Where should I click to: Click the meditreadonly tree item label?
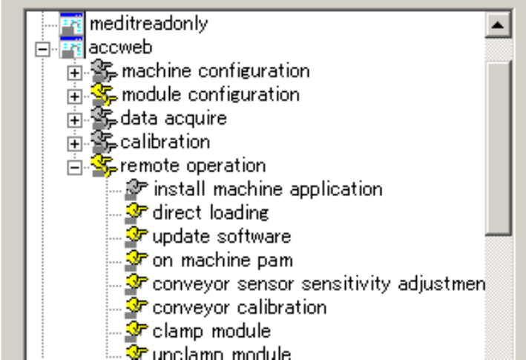[148, 24]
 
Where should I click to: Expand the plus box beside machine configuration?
[73, 73]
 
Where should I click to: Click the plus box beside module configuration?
[73, 96]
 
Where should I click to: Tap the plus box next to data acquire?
[73, 119]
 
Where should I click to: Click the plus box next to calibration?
[73, 142]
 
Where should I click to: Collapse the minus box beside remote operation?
[73, 166]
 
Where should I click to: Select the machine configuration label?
[215, 71]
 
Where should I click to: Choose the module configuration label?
[210, 94]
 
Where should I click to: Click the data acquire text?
[173, 117]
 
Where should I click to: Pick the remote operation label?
[192, 165]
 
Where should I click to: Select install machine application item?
[267, 189]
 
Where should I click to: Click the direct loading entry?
[210, 213]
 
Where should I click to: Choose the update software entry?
[221, 237]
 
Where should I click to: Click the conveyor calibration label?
[239, 307]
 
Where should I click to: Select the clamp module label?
[211, 330]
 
